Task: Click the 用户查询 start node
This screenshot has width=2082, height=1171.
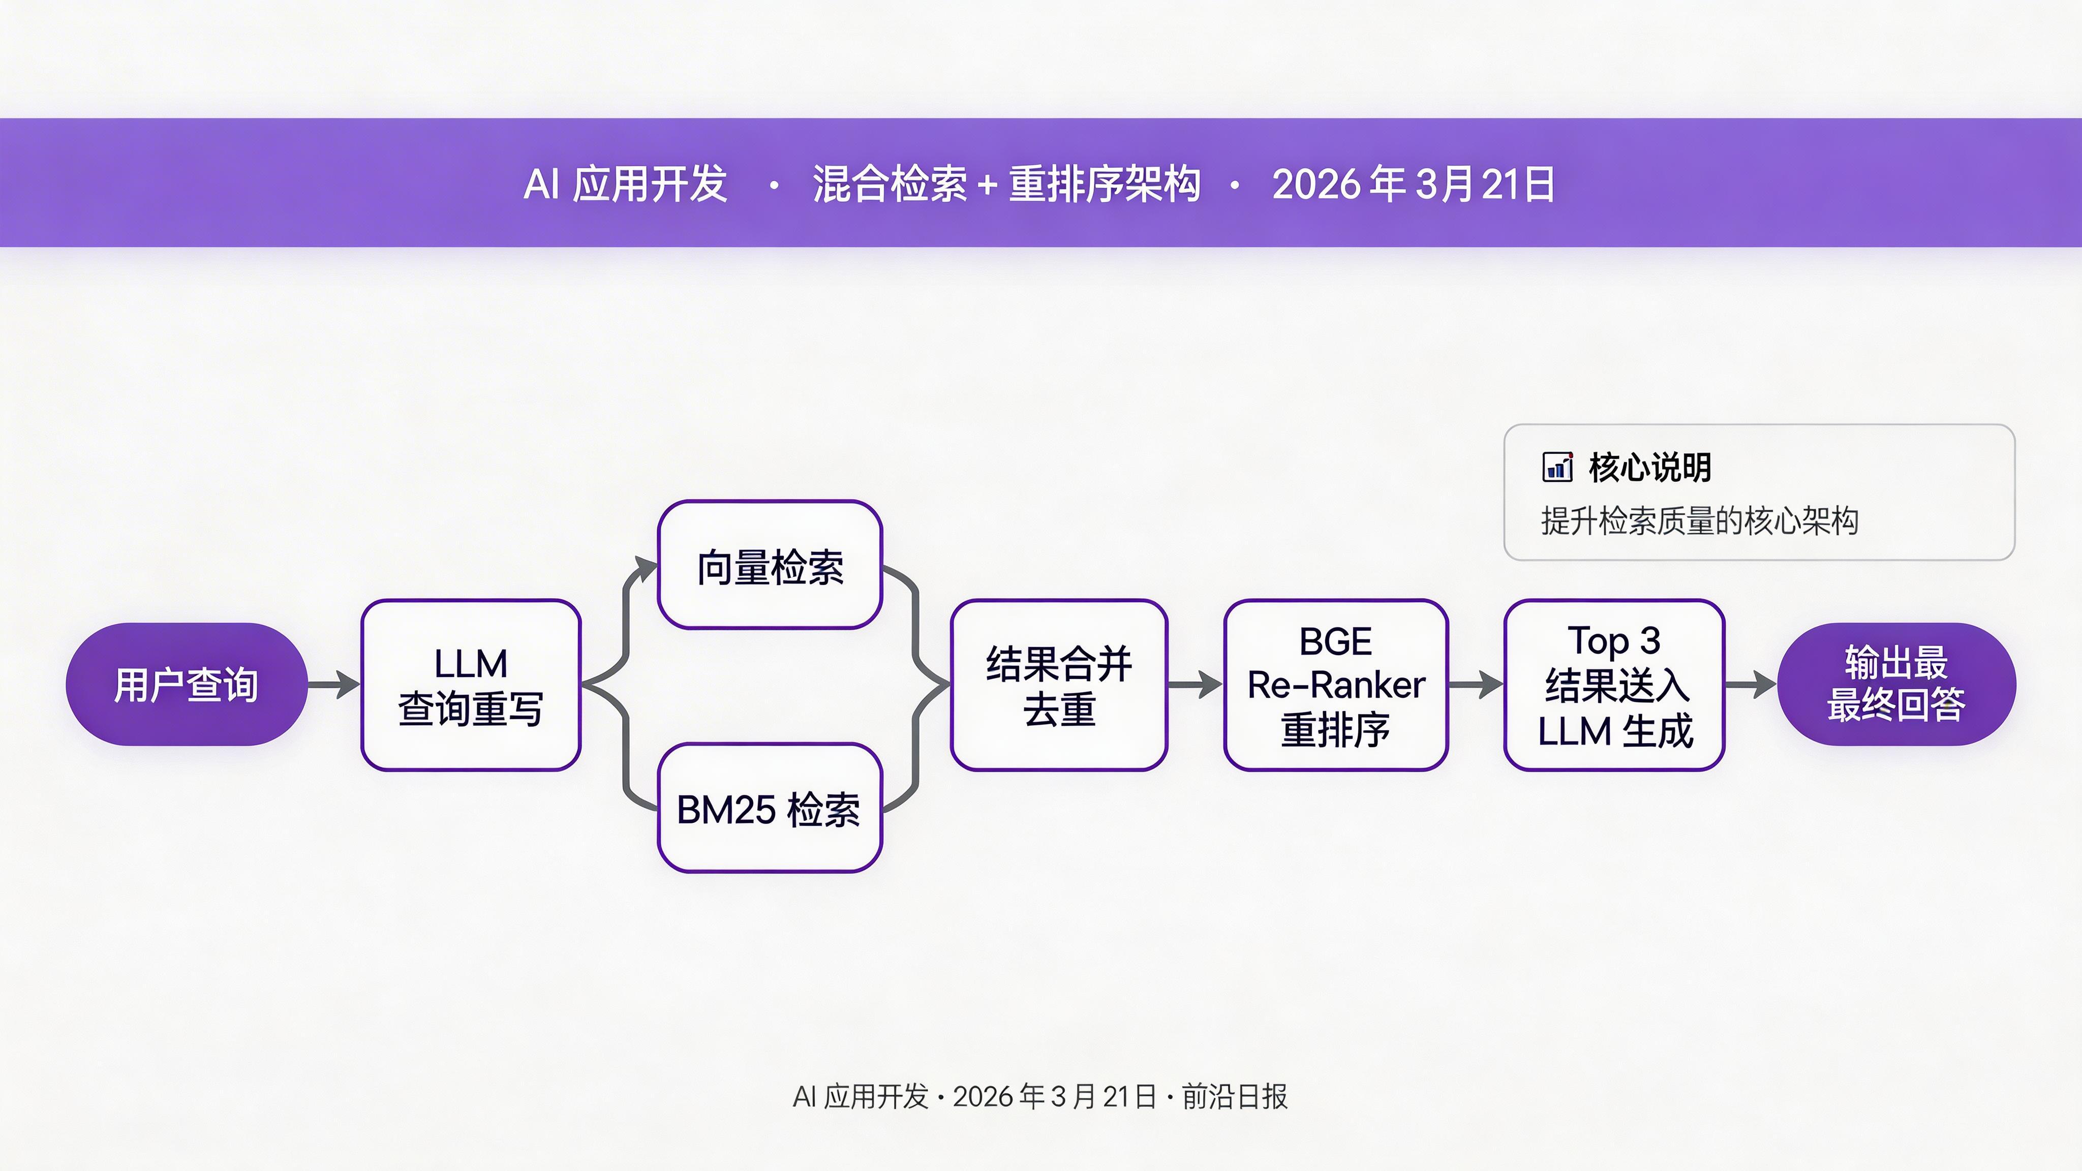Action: (186, 685)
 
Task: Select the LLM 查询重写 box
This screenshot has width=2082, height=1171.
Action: (470, 685)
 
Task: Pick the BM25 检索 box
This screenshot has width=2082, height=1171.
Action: (770, 808)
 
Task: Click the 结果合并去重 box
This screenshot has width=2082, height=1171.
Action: (1059, 685)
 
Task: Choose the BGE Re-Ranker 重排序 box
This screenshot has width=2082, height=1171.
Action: (1335, 685)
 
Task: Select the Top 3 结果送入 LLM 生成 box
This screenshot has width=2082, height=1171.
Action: (1614, 685)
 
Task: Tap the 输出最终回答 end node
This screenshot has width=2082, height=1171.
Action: (1896, 685)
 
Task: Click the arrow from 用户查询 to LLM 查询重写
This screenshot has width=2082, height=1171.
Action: (334, 685)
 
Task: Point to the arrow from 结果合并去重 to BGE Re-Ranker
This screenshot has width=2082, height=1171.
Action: (1195, 685)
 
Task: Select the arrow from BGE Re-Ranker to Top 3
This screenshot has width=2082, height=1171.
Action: (1475, 685)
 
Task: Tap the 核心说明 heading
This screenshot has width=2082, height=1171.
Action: (1649, 467)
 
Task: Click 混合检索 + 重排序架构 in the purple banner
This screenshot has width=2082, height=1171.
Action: (1006, 183)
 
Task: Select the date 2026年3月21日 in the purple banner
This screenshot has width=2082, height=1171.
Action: (1413, 183)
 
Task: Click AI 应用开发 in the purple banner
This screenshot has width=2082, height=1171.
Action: (626, 183)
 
